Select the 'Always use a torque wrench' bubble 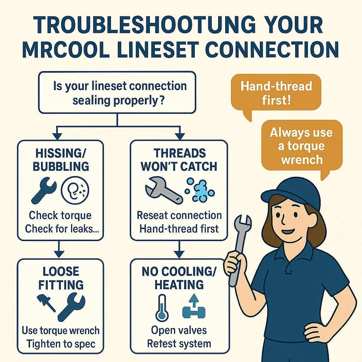coord(301,146)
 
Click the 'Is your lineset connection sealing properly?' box coord(117,93)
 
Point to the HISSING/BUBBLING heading coord(61,160)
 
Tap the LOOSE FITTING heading coord(61,279)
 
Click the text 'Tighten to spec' coord(61,344)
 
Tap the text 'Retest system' coord(179,343)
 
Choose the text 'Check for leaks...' coord(61,228)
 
